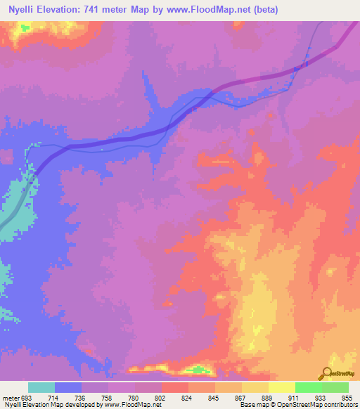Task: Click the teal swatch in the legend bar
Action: pos(41,388)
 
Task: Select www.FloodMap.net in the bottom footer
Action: pos(131,405)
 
